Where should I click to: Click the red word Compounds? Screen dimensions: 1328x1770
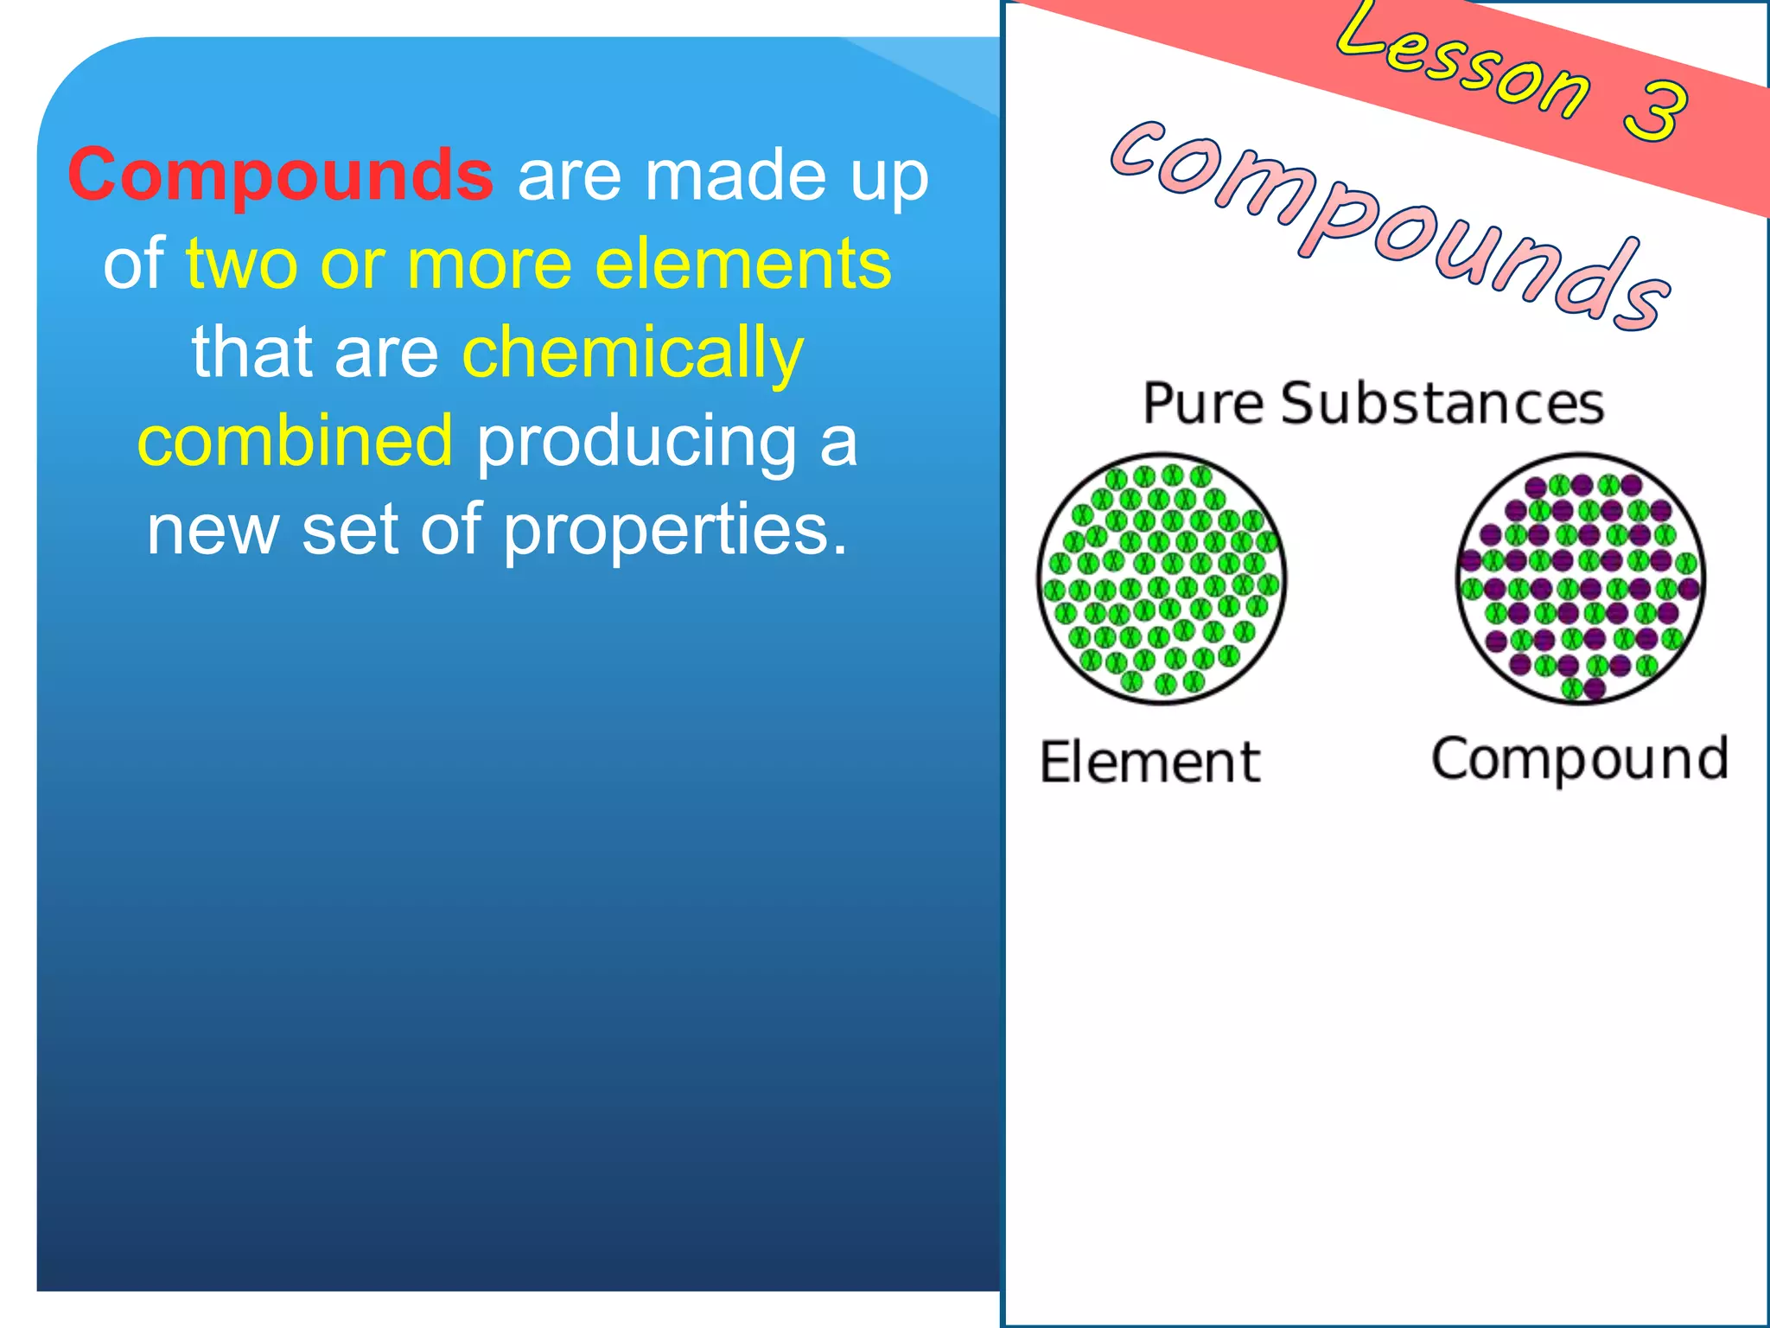tap(280, 176)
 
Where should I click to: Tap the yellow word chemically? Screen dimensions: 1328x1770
tap(633, 354)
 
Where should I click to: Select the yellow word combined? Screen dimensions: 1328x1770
tap(295, 441)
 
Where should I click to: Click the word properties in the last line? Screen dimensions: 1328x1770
tap(675, 531)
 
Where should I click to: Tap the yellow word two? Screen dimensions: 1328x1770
tap(241, 265)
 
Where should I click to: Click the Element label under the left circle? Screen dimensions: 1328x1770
tap(1149, 763)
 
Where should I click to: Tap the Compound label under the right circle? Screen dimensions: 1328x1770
tap(1580, 759)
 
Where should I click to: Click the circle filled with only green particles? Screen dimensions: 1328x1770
tap(1162, 578)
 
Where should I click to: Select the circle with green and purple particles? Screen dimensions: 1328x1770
tap(1580, 578)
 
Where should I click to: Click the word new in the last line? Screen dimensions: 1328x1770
tap(213, 531)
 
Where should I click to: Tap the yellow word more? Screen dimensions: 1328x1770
tap(489, 265)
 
